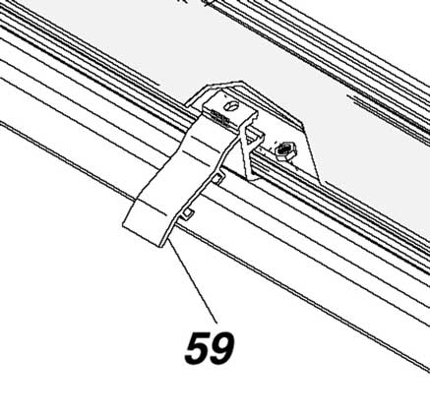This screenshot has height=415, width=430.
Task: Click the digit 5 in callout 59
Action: [197, 348]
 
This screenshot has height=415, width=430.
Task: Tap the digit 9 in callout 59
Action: [222, 348]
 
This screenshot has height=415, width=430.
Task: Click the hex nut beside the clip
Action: [285, 150]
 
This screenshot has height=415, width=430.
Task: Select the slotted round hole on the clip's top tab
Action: [232, 106]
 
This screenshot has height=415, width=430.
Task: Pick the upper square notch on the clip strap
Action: [216, 178]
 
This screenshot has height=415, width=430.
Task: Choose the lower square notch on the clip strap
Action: [187, 213]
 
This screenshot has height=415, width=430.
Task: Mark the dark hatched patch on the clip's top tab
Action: [218, 117]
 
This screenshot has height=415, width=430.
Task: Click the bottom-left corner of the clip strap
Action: [123, 225]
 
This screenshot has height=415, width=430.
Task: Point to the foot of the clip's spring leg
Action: [252, 178]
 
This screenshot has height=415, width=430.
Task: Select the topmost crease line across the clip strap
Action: [205, 140]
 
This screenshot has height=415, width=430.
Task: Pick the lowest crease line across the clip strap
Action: [154, 208]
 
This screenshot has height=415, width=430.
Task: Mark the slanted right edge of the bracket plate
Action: [312, 155]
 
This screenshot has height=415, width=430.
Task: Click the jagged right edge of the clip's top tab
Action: [252, 120]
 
